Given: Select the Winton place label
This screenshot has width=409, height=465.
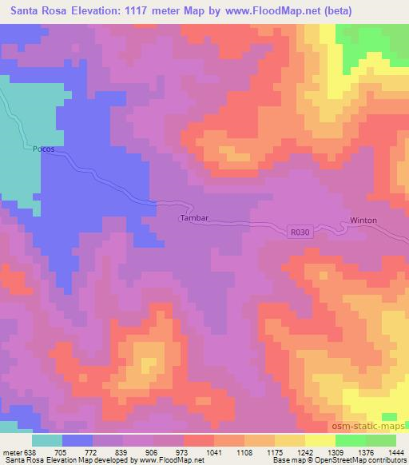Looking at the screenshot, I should (363, 221).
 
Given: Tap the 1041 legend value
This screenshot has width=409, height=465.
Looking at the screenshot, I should (214, 453).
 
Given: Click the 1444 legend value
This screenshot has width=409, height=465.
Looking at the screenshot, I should (396, 453).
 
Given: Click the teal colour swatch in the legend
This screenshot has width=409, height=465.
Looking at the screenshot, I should (47, 440).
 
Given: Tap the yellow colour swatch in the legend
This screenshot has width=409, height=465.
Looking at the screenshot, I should (320, 440).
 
